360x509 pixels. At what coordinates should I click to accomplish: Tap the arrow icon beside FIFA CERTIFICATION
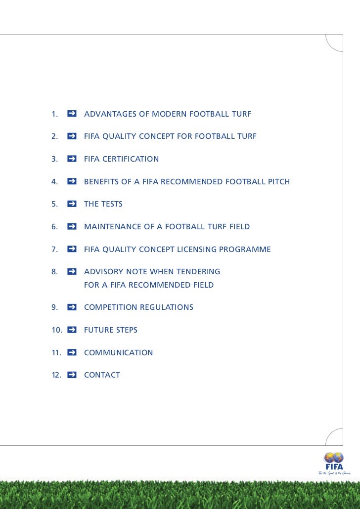click(72, 159)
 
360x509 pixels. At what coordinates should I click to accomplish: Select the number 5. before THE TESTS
click(54, 204)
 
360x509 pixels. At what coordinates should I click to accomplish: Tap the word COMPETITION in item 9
click(111, 307)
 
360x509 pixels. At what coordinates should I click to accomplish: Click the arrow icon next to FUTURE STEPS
click(72, 330)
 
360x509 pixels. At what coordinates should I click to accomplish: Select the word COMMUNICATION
click(119, 353)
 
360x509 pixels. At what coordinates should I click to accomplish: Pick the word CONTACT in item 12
click(102, 375)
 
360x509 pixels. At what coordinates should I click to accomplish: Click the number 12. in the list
click(56, 375)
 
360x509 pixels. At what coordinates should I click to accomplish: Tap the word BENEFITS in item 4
click(102, 182)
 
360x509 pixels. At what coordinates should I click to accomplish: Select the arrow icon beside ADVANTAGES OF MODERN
click(72, 114)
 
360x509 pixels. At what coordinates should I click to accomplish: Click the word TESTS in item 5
click(111, 204)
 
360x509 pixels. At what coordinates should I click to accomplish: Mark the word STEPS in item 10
click(126, 330)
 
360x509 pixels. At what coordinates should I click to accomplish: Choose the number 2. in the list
click(54, 136)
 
